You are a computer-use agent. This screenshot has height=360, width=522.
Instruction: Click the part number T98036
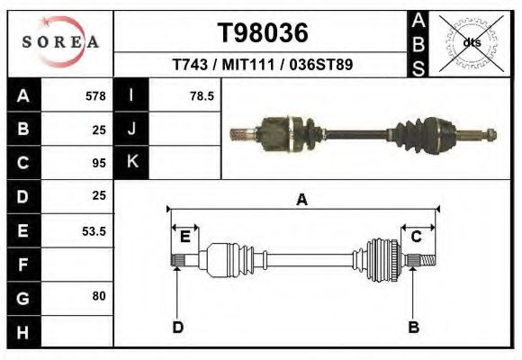tap(263, 33)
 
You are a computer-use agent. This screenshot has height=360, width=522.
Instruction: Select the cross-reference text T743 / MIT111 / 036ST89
tap(263, 66)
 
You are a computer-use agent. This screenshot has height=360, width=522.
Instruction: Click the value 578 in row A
tap(95, 96)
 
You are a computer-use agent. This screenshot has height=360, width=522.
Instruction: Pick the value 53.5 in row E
tap(94, 231)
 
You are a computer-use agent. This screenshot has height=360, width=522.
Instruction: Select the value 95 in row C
tap(99, 164)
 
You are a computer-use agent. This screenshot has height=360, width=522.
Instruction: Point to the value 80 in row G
tap(99, 295)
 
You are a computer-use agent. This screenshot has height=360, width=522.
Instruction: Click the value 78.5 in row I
tap(202, 96)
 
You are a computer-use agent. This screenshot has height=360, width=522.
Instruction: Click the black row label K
tap(132, 162)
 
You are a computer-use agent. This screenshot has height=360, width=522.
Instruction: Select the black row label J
tap(132, 129)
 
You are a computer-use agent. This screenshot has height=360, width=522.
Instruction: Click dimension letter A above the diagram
tap(302, 200)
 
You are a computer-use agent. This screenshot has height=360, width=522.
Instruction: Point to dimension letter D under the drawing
tap(178, 327)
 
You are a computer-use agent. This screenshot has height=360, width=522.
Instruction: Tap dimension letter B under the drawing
tap(414, 327)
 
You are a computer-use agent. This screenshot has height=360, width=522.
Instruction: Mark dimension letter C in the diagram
tap(417, 237)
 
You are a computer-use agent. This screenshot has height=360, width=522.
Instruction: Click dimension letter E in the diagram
tap(184, 237)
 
